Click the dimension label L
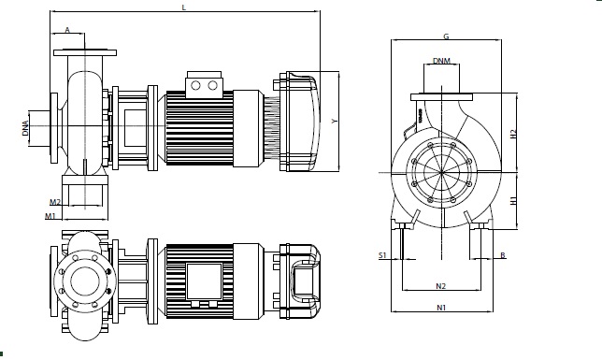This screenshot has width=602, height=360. tap(184, 7)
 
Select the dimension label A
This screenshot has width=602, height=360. tap(67, 30)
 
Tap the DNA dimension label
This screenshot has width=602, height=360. tap(25, 128)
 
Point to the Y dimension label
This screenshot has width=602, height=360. tap(335, 121)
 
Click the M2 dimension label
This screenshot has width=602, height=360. tap(55, 202)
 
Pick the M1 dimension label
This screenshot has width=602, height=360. tap(50, 216)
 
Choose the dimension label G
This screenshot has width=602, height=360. tap(446, 36)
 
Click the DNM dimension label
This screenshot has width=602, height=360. tap(441, 61)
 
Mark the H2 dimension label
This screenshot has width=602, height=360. tap(513, 134)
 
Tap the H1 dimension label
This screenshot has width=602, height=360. tap(513, 200)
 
